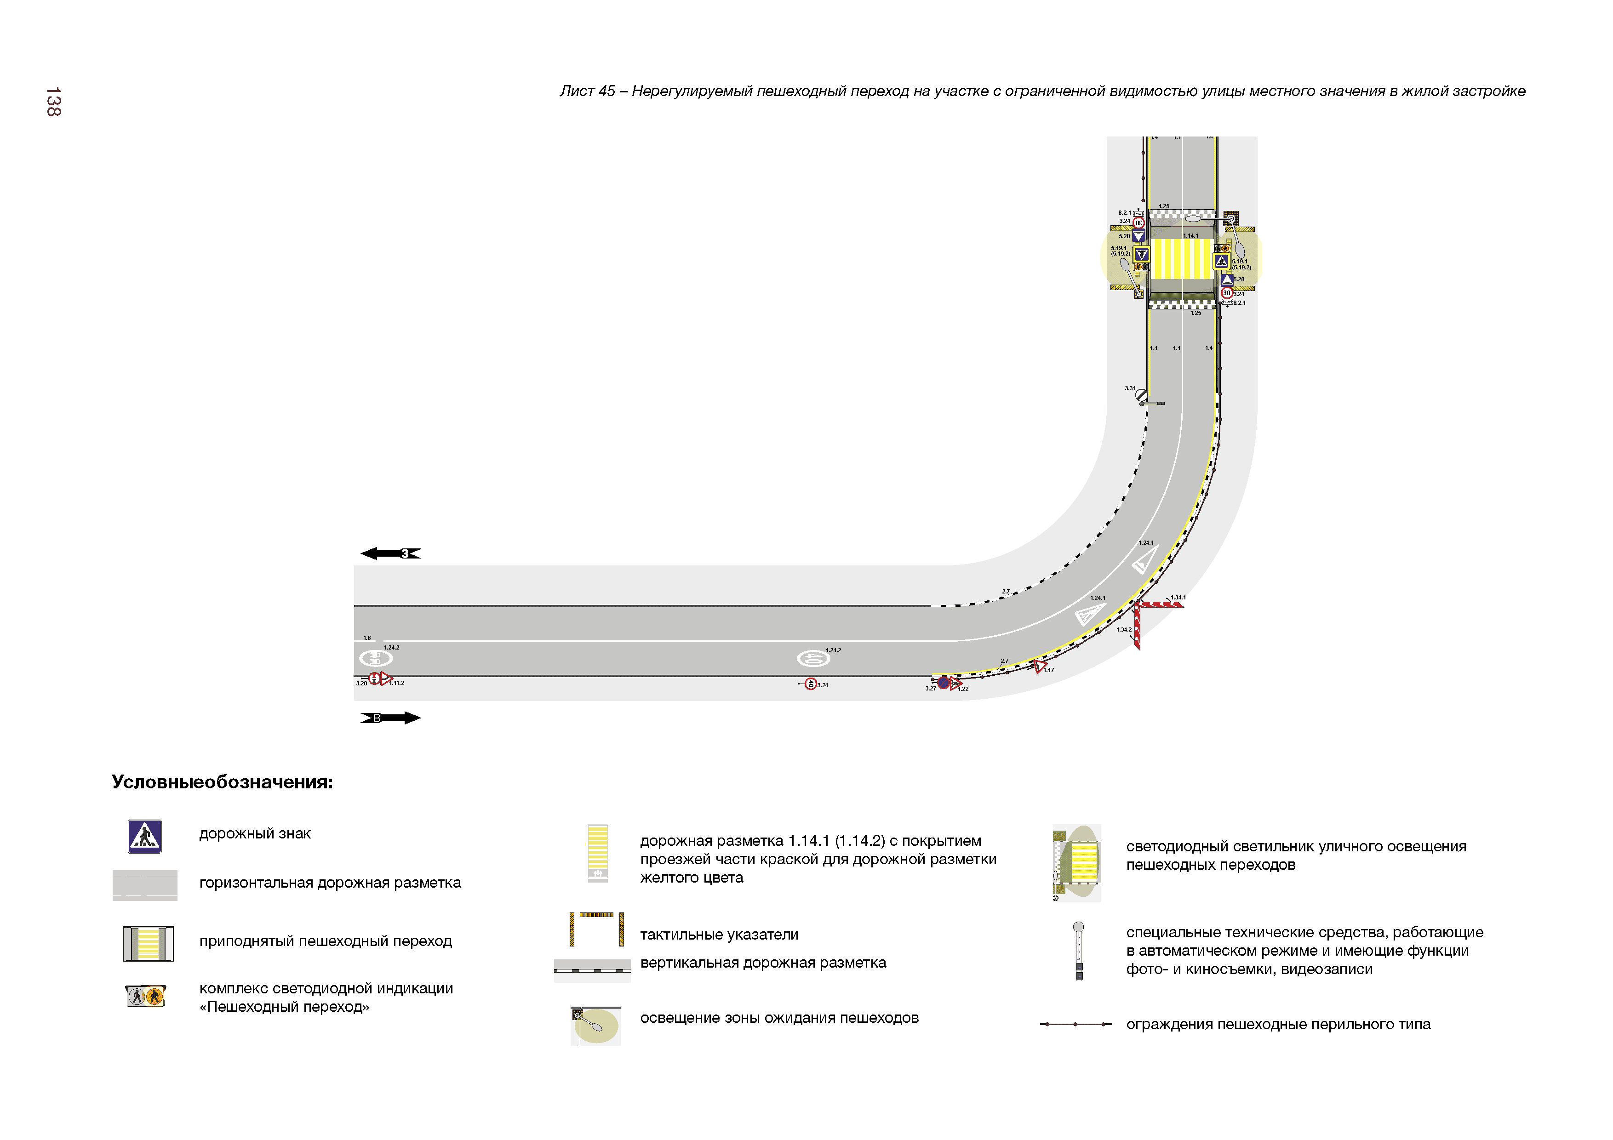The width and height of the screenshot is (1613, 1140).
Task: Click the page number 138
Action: (x=53, y=102)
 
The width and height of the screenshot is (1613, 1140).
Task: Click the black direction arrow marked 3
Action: (x=390, y=553)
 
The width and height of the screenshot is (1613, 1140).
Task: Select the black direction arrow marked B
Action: (x=390, y=718)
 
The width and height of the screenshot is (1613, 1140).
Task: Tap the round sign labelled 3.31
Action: (x=1142, y=395)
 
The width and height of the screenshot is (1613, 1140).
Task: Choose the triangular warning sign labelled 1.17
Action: (x=1040, y=666)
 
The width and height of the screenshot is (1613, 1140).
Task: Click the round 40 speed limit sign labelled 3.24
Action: (x=811, y=684)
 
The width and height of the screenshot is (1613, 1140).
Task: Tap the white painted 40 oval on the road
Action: (x=813, y=659)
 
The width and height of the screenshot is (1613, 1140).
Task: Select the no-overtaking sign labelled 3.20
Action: (x=374, y=678)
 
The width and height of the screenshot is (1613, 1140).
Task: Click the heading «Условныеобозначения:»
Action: (x=222, y=782)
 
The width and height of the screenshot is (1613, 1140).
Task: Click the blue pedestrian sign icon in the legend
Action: (x=145, y=837)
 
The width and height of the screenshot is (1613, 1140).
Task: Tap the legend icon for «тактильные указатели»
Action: (x=596, y=929)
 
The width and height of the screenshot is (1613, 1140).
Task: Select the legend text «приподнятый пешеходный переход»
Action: (x=325, y=941)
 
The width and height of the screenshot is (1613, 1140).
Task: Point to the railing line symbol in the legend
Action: (x=1075, y=1024)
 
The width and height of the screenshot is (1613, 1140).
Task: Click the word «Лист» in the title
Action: (x=576, y=91)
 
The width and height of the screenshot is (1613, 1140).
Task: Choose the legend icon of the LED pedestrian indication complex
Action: (x=145, y=996)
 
